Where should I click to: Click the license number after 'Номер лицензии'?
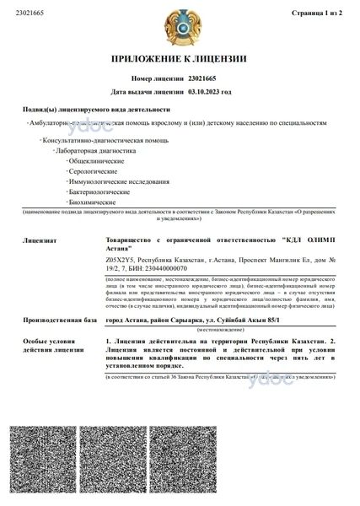(x=203, y=78)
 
